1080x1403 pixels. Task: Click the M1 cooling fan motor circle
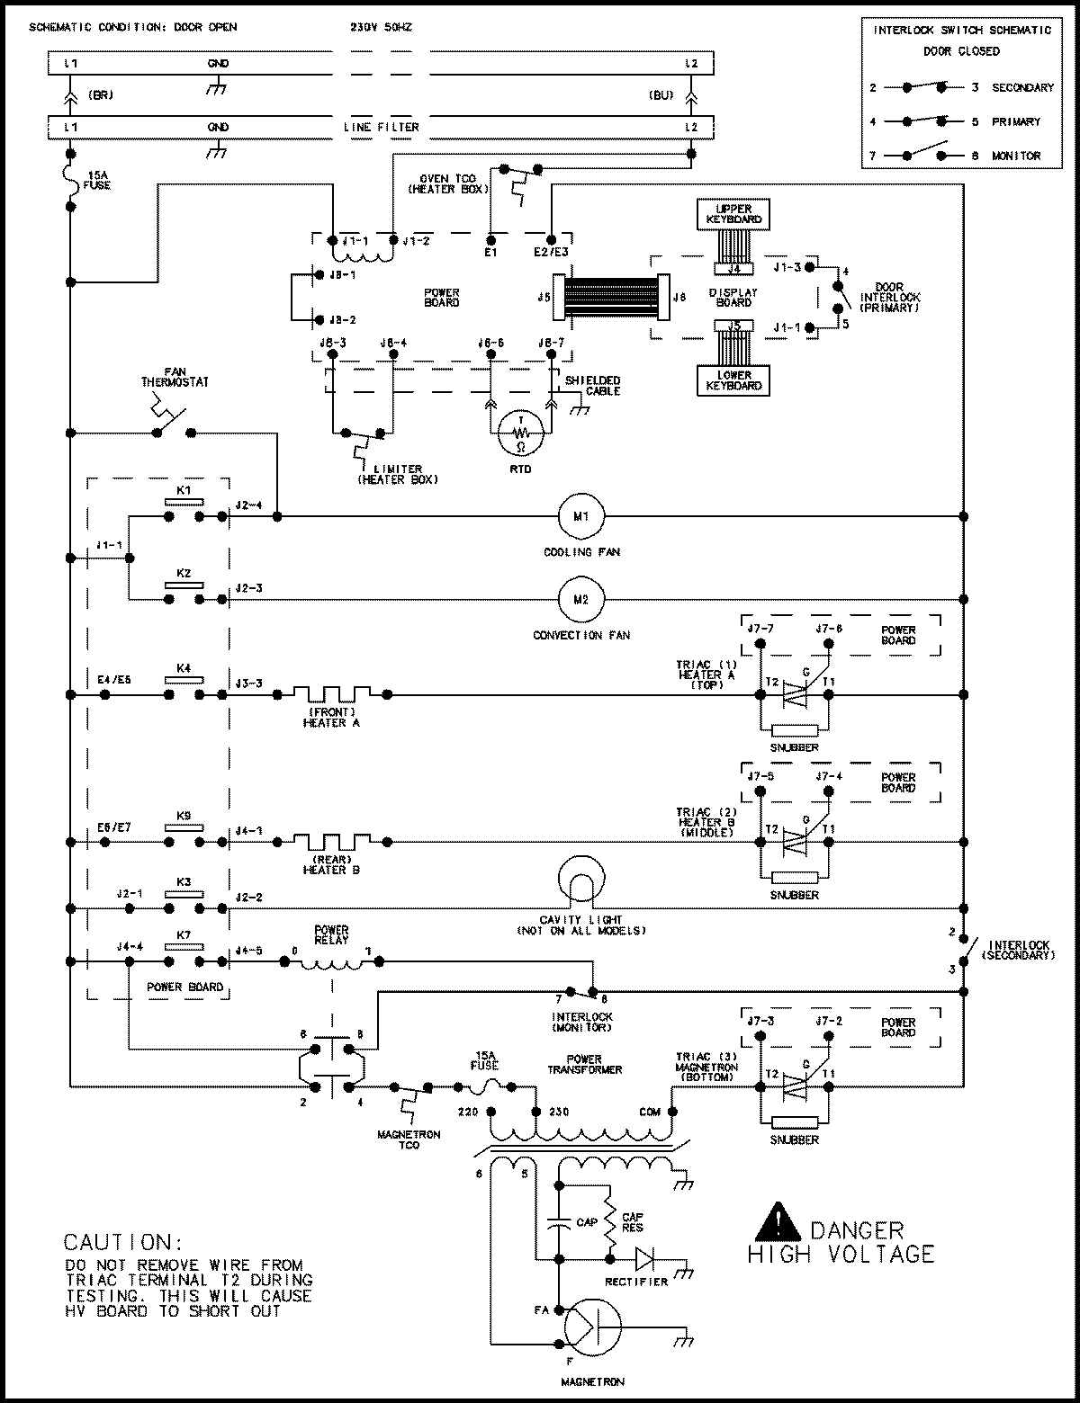(580, 516)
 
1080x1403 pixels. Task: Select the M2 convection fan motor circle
(580, 599)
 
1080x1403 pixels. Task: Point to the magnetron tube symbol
(592, 1327)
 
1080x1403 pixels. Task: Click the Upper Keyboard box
(734, 214)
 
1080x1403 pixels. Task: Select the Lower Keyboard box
(734, 380)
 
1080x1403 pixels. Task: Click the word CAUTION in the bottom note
(117, 1243)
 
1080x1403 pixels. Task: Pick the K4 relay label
(184, 668)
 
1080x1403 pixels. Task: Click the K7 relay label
(184, 935)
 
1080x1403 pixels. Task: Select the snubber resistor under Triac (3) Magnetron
(795, 1122)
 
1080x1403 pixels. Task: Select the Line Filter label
(381, 127)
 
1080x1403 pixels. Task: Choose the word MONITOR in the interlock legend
(1016, 156)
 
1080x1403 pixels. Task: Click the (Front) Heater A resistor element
(331, 693)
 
